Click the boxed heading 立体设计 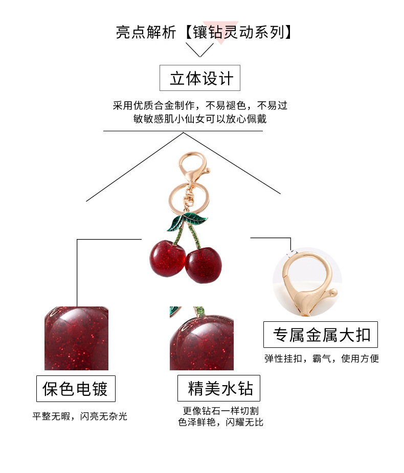point(200,78)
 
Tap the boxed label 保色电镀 point(76,389)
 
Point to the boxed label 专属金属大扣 point(321,335)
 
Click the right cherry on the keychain point(204,265)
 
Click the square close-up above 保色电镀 point(77,338)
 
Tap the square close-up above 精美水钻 point(201,338)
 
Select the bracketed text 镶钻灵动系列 point(238,32)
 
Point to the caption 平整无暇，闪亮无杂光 point(80,416)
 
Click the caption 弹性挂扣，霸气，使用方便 point(321,358)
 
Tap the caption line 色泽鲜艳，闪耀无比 point(220,422)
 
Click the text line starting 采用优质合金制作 point(200,106)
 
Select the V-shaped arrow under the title point(199,50)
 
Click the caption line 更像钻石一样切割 point(220,411)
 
